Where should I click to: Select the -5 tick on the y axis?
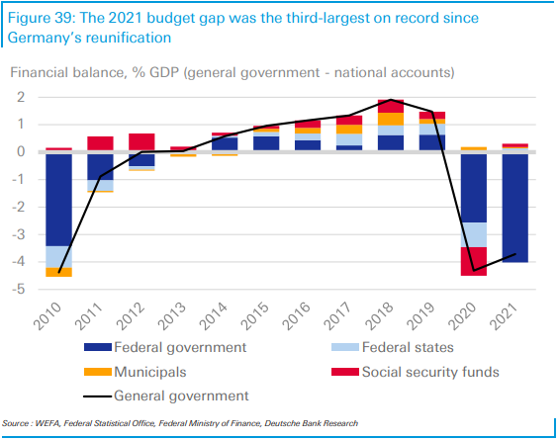click(x=18, y=290)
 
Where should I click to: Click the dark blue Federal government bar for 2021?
click(x=512, y=208)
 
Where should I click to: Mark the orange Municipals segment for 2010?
click(x=57, y=272)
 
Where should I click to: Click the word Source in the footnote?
click(x=17, y=424)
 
